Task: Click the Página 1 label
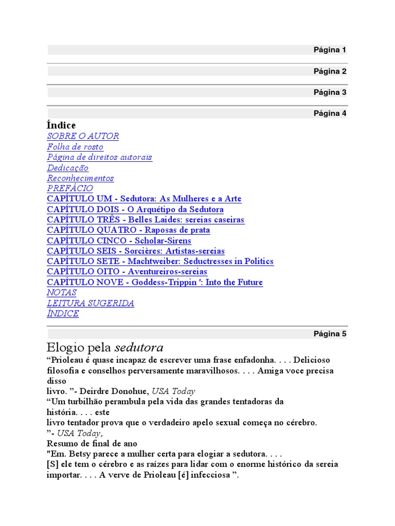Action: click(x=330, y=50)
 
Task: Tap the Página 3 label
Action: click(x=330, y=92)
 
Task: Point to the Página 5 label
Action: click(x=330, y=334)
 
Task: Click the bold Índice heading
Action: click(x=61, y=125)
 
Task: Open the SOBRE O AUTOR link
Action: click(x=83, y=136)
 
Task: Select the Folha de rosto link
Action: click(x=75, y=147)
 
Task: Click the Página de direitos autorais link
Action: click(x=99, y=157)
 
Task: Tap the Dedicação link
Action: click(x=67, y=168)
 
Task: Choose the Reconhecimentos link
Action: click(x=80, y=178)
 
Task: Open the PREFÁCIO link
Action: click(x=70, y=189)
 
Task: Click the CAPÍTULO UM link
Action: click(x=144, y=199)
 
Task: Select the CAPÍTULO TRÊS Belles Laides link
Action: click(x=146, y=220)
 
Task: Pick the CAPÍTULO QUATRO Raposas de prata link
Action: click(x=128, y=230)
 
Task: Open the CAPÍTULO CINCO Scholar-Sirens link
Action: click(x=119, y=240)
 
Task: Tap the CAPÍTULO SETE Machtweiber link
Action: click(x=160, y=261)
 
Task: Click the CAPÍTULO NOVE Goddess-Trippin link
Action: click(x=154, y=282)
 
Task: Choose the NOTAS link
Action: click(x=62, y=292)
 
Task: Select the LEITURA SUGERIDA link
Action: click(x=91, y=303)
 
